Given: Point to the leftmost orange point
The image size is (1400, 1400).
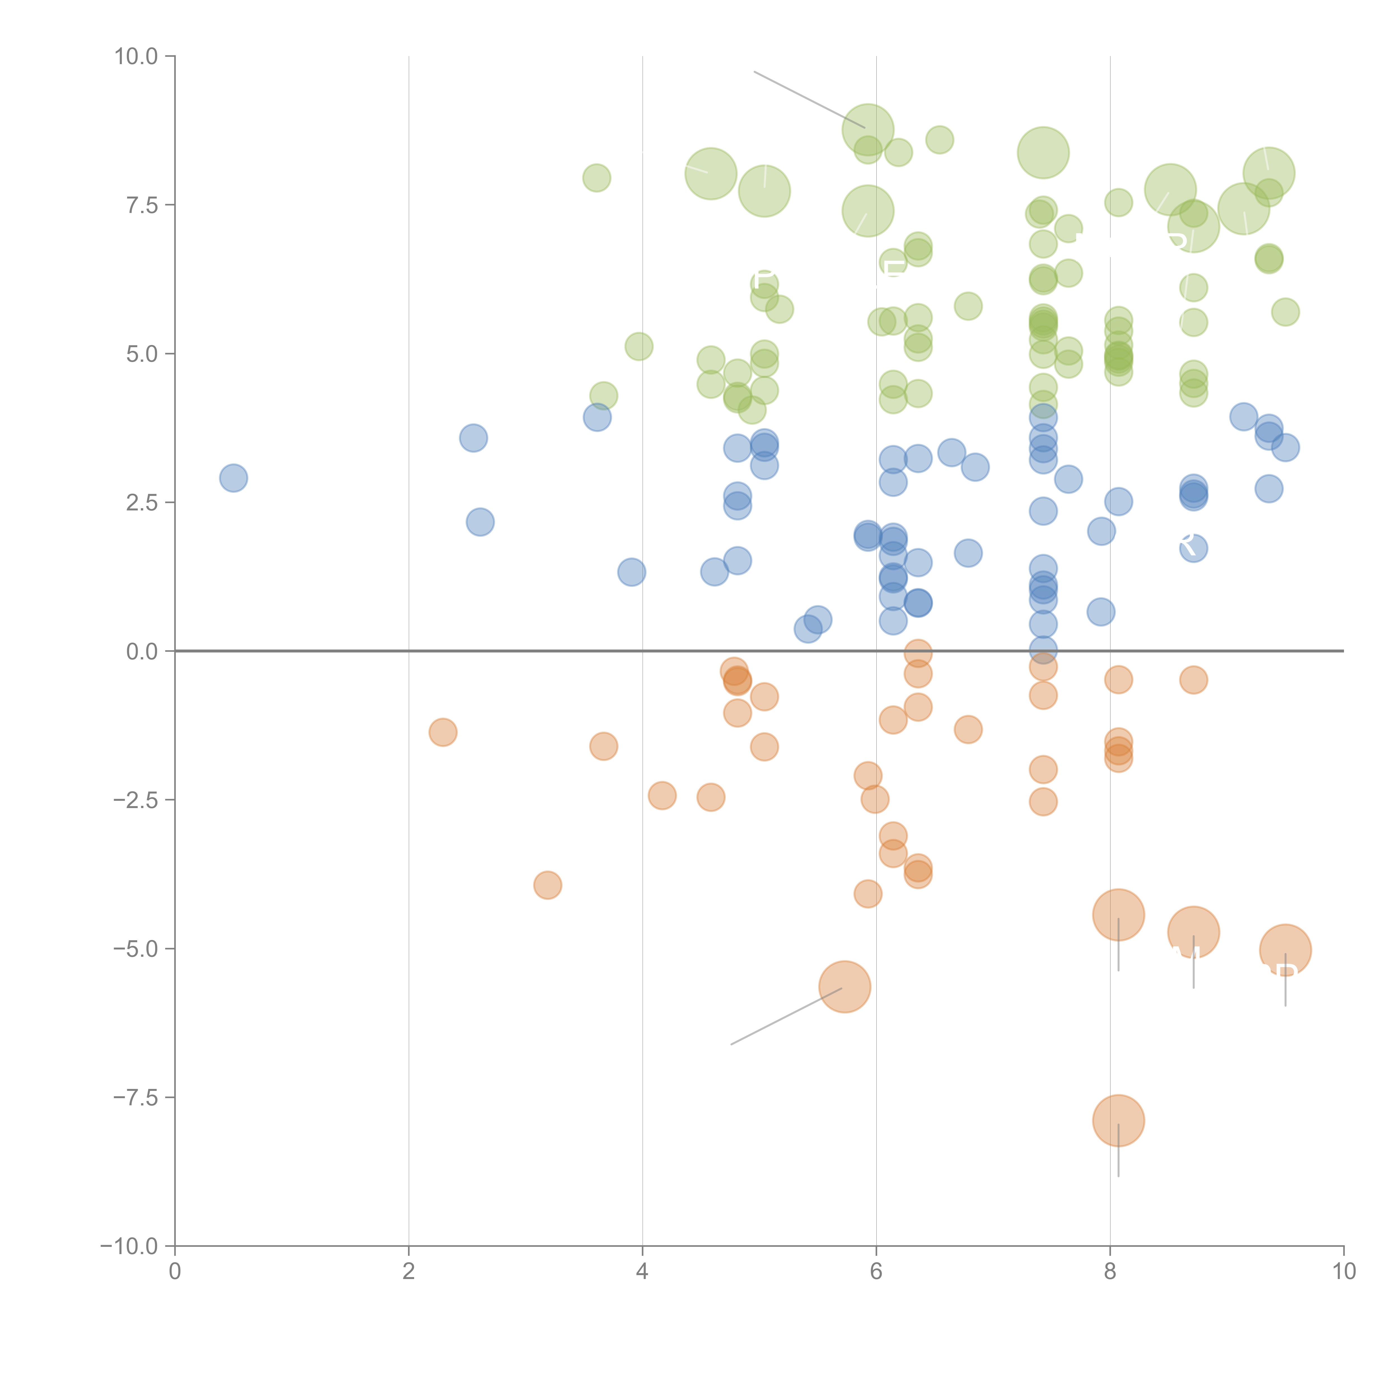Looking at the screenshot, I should click(443, 732).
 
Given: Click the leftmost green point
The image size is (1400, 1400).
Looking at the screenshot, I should click(596, 178).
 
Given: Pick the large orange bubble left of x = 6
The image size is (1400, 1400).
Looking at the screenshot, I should click(844, 986).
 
